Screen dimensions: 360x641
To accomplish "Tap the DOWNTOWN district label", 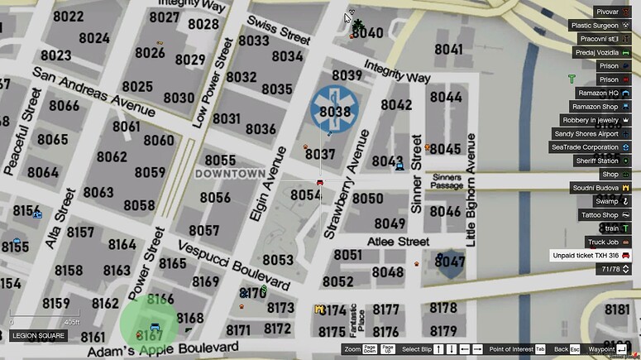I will [x=229, y=174].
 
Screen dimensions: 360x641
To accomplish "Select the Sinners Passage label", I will [x=447, y=181].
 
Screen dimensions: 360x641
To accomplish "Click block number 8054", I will [x=305, y=195].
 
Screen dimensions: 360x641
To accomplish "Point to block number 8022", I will [x=68, y=17].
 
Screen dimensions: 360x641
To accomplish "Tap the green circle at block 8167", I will [x=149, y=324].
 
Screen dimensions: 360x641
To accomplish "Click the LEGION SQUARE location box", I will [x=40, y=336].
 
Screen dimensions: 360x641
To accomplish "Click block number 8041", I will [x=448, y=50].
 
